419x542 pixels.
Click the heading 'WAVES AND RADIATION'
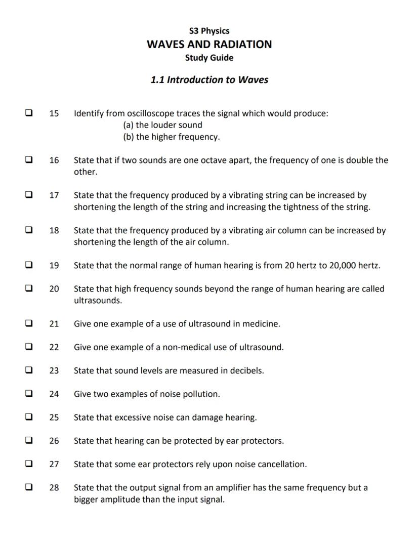click(209, 44)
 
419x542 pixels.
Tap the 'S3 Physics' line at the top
click(209, 31)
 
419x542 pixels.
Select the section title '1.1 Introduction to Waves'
click(209, 79)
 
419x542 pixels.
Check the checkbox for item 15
click(29, 113)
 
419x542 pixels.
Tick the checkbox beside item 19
click(29, 265)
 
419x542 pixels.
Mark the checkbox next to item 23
click(29, 370)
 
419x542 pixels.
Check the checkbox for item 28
click(29, 488)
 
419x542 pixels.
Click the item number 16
click(54, 160)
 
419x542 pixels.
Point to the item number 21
click(54, 324)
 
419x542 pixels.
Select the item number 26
click(54, 441)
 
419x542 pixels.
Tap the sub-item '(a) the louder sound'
click(162, 125)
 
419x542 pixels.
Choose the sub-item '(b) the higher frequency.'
click(172, 137)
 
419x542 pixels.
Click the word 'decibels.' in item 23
click(247, 370)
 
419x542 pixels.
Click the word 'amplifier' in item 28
click(234, 488)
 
